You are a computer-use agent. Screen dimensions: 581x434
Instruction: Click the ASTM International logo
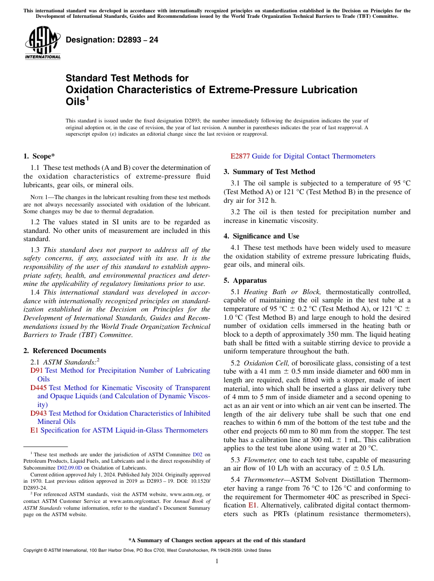tap(42, 43)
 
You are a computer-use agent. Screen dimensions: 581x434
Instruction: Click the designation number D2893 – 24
tap(112, 40)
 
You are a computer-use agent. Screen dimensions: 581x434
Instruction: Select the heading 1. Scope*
tap(39, 156)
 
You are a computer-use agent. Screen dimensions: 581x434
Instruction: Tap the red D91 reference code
tap(37, 370)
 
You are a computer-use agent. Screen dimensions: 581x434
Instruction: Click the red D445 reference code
tap(39, 388)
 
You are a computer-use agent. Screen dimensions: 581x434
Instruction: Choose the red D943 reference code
tap(39, 413)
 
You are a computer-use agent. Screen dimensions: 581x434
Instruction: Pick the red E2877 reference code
tap(240, 156)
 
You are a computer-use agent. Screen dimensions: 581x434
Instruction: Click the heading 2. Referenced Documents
tap(65, 351)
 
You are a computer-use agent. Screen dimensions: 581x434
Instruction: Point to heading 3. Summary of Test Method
tap(269, 172)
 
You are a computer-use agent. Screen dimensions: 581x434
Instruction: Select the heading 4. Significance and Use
tap(261, 236)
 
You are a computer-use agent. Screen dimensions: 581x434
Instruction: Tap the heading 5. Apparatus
tap(245, 280)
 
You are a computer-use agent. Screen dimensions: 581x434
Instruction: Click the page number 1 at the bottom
tap(217, 561)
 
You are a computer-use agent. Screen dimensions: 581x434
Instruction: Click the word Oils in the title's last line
tap(75, 102)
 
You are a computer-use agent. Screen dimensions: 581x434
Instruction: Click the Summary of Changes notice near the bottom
tap(217, 540)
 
